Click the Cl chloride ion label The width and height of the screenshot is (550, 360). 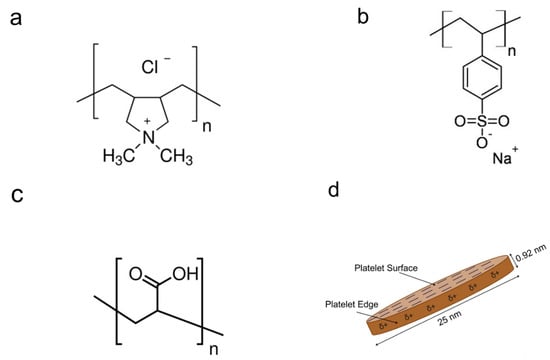[151, 69]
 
